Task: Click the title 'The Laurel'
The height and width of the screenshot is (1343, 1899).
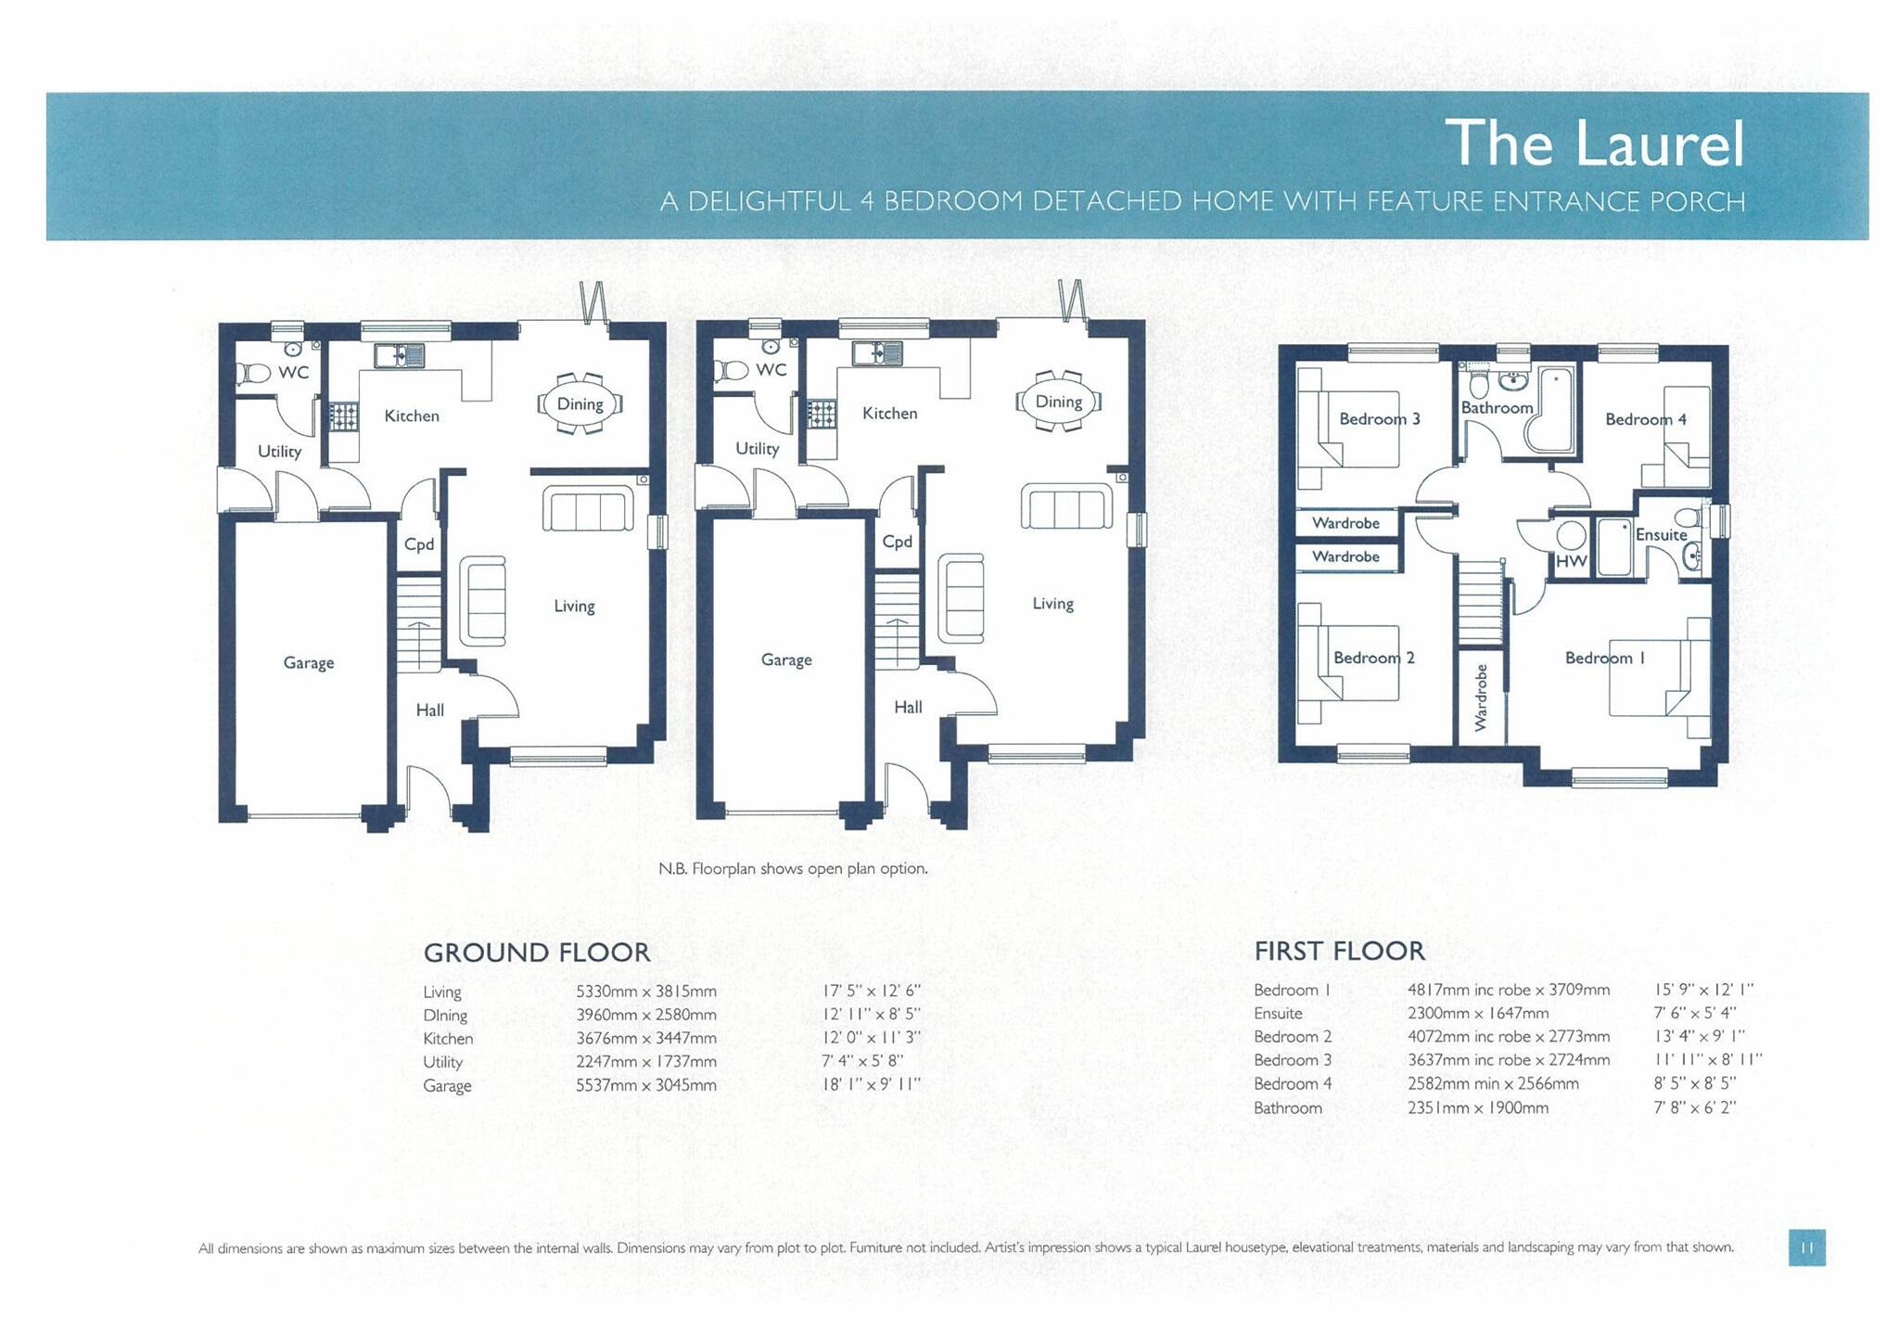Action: (1594, 144)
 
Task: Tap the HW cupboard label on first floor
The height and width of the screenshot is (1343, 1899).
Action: (1571, 561)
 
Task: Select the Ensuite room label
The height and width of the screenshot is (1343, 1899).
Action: (1661, 534)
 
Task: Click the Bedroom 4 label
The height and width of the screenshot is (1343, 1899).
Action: (1645, 419)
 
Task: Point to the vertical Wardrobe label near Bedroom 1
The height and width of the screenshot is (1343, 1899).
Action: (1481, 697)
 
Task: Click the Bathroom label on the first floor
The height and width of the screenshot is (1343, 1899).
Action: (1497, 407)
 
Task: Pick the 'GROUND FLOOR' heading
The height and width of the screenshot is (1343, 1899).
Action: (536, 953)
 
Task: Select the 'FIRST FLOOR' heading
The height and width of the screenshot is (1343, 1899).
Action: (1339, 951)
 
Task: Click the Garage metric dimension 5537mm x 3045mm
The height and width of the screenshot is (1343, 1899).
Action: (645, 1085)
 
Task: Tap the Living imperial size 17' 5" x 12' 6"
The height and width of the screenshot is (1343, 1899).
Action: (871, 991)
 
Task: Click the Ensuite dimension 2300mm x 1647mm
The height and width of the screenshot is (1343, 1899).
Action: (1477, 1014)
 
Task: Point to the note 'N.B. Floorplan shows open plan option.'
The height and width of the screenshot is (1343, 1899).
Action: (793, 869)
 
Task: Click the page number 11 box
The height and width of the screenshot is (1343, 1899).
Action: (1806, 1247)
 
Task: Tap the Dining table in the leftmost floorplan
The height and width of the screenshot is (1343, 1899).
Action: (580, 404)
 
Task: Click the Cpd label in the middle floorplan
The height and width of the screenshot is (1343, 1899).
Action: (897, 542)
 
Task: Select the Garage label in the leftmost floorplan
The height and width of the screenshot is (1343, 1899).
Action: (308, 662)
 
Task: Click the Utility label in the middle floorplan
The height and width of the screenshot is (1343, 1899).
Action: (757, 449)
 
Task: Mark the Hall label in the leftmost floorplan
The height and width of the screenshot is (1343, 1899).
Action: (429, 710)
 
